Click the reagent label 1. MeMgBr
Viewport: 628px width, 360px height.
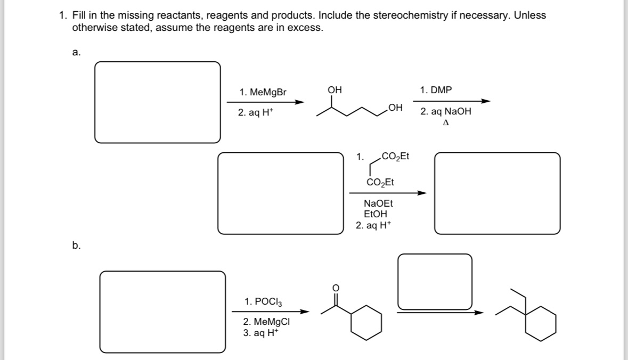click(263, 92)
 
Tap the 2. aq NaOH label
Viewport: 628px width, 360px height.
click(445, 112)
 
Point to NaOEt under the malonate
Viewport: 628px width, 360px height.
click(378, 203)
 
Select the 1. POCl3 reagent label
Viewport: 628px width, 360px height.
click(263, 301)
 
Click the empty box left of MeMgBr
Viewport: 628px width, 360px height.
click(158, 102)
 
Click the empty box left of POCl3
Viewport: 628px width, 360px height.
click(162, 312)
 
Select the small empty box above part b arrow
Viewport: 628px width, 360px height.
click(435, 281)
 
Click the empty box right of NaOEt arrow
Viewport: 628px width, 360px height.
click(497, 193)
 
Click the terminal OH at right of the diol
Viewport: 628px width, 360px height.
click(395, 108)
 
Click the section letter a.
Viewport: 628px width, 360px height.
click(76, 52)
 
